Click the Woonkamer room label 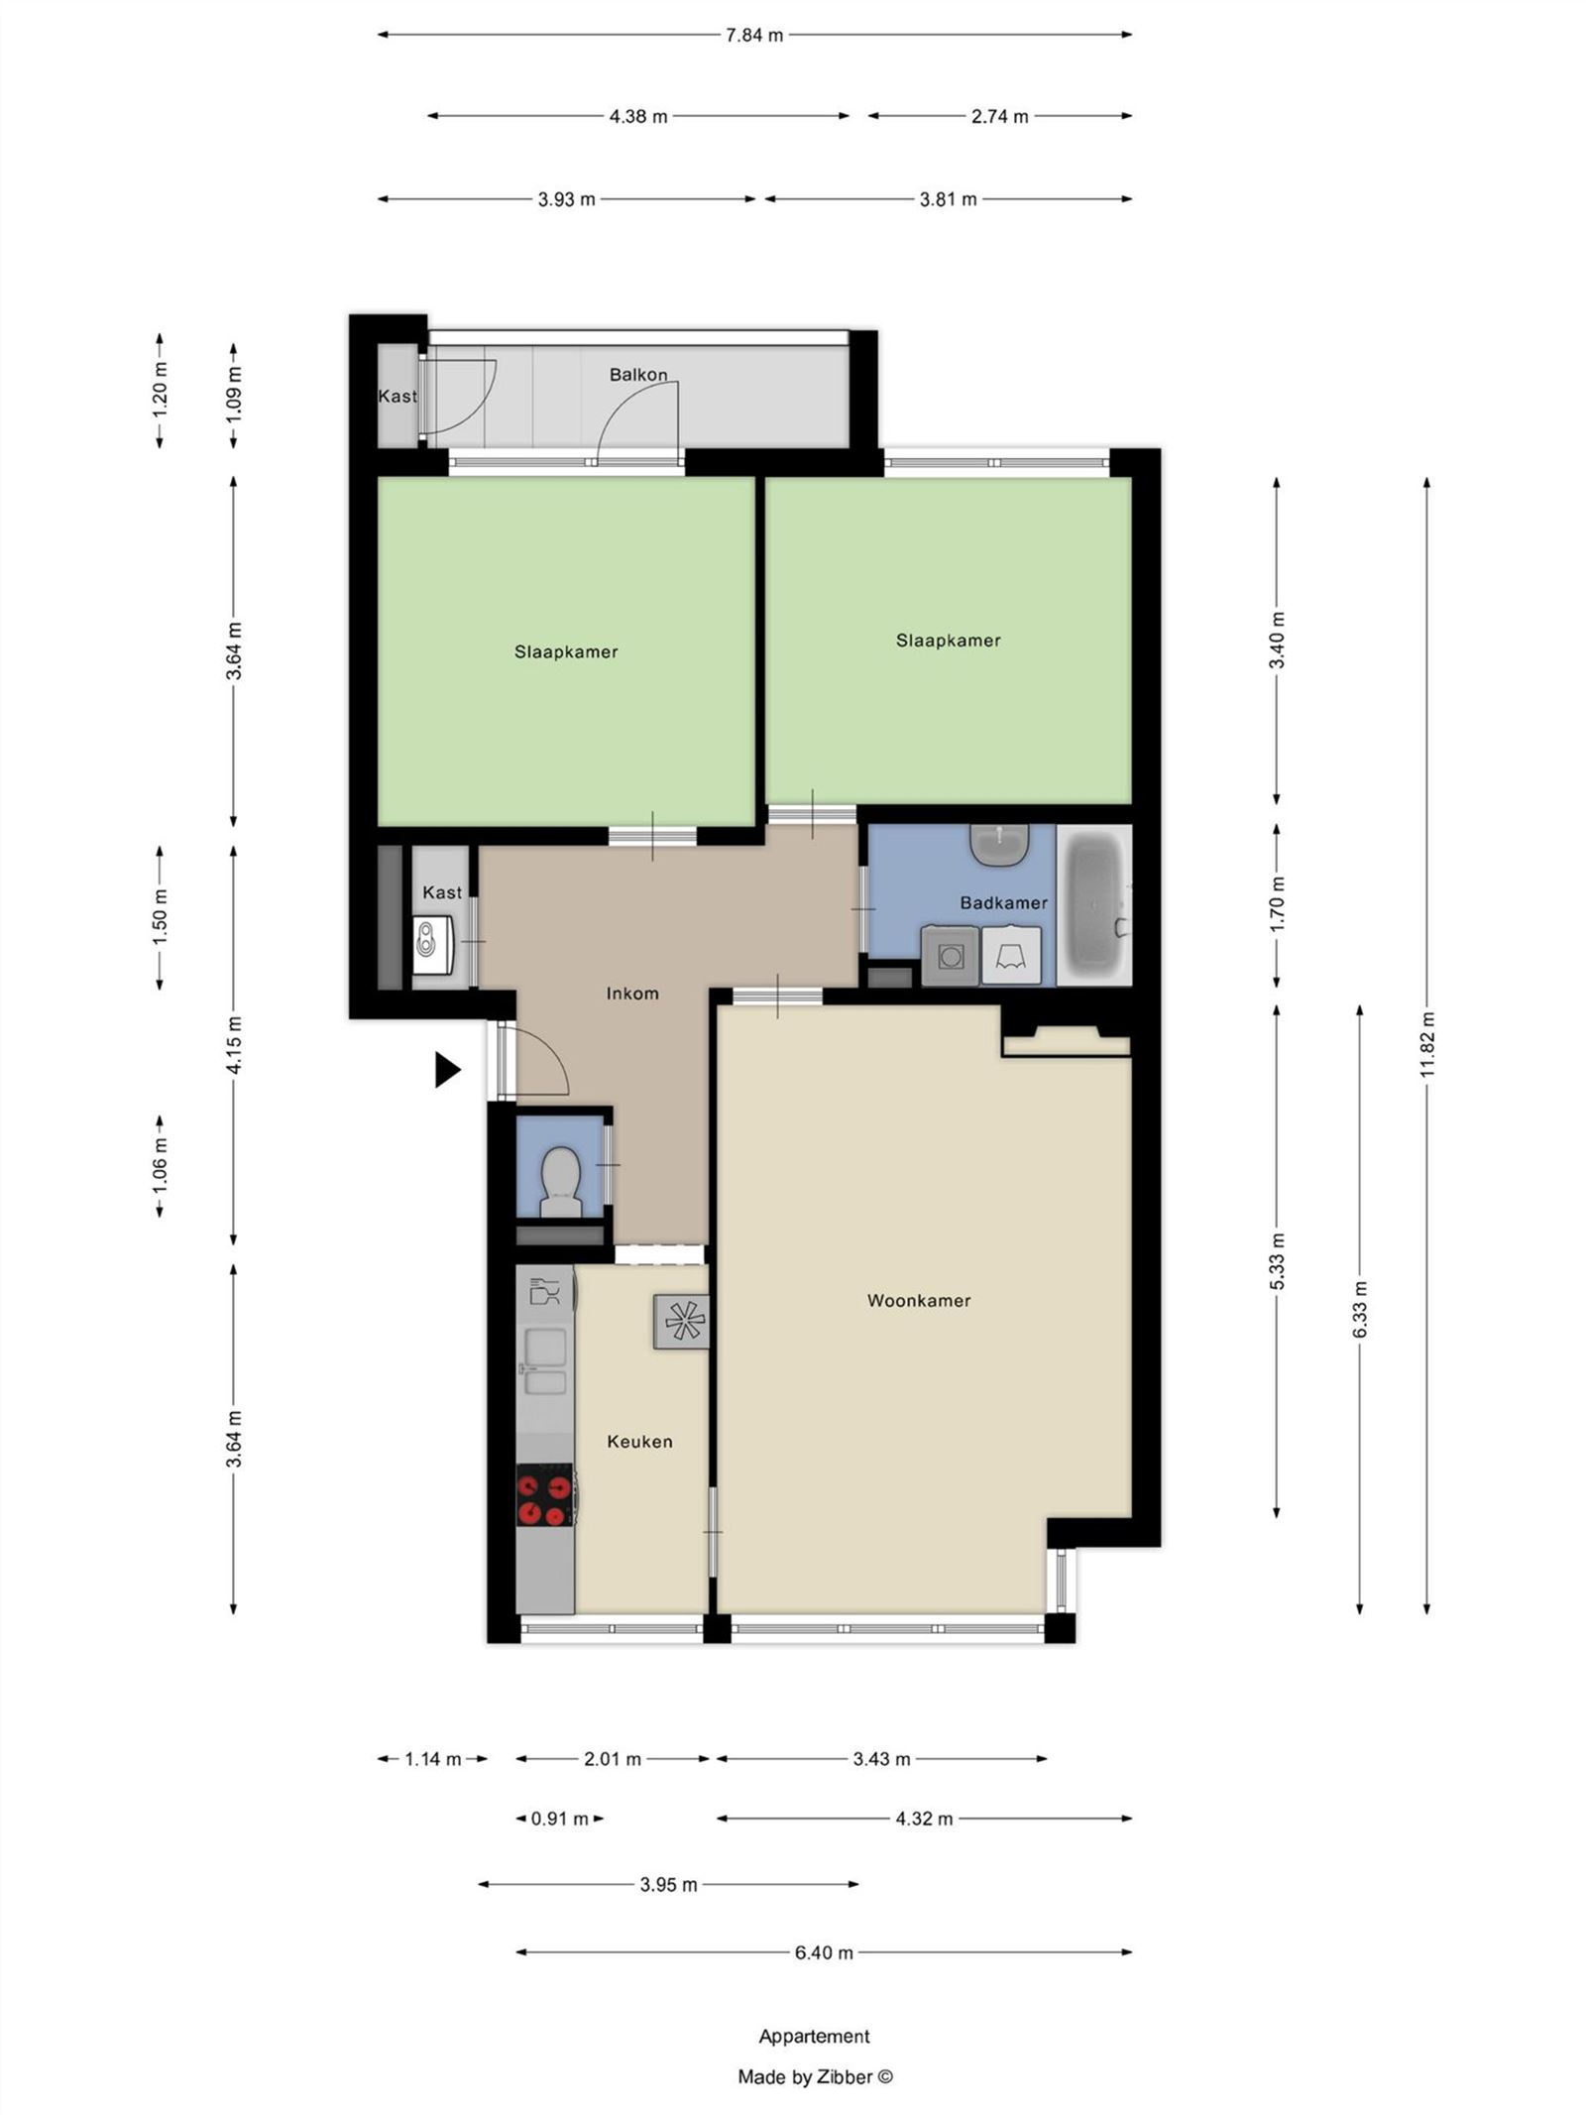(918, 1300)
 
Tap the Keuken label (639, 1441)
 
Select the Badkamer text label (1003, 902)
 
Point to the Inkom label (632, 993)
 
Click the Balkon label (638, 375)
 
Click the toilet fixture (560, 1181)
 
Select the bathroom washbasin (1000, 844)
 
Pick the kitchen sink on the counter (544, 1361)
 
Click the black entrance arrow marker (448, 1069)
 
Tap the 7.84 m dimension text (754, 36)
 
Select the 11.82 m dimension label (1426, 1044)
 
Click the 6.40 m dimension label (824, 1952)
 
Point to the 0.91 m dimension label (560, 1819)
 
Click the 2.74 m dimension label (999, 116)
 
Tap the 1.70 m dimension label (1277, 903)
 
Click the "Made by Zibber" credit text (815, 2076)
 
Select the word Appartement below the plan (814, 2036)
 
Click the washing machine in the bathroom (951, 956)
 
